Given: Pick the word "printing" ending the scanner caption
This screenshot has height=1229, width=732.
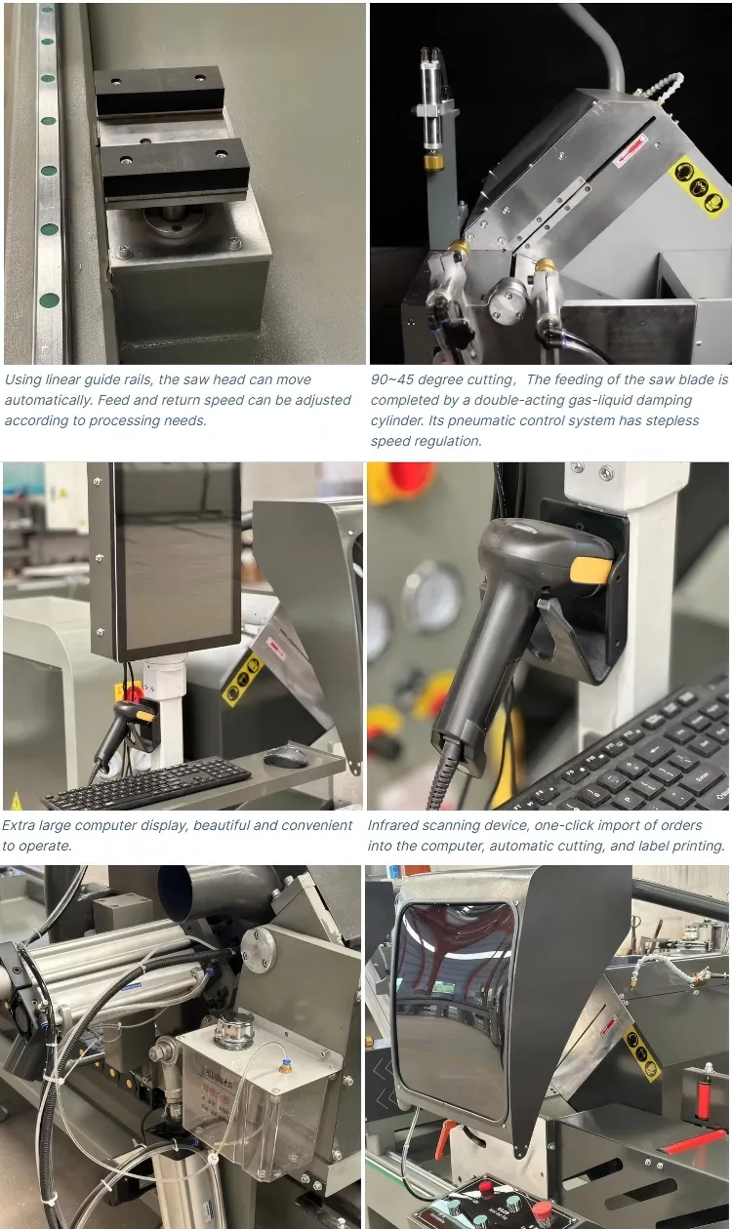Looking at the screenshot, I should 695,846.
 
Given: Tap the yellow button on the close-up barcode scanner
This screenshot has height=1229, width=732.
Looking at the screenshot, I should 590,570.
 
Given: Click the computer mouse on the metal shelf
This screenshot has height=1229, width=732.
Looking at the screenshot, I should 284,756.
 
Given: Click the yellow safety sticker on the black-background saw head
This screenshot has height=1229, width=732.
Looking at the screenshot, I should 697,187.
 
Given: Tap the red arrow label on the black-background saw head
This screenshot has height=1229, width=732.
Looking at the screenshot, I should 629,142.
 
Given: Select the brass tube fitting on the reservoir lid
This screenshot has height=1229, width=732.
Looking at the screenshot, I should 286,1066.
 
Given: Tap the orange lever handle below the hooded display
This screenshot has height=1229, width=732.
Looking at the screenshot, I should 448,1137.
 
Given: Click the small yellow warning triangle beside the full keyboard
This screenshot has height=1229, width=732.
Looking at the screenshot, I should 15,801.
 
